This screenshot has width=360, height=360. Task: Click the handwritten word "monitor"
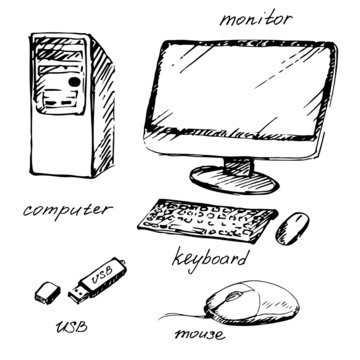[x=257, y=18]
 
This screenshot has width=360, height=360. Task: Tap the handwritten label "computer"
[x=66, y=210]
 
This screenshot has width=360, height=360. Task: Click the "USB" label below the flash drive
[x=71, y=327]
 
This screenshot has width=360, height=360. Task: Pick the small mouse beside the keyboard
[x=293, y=226]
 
